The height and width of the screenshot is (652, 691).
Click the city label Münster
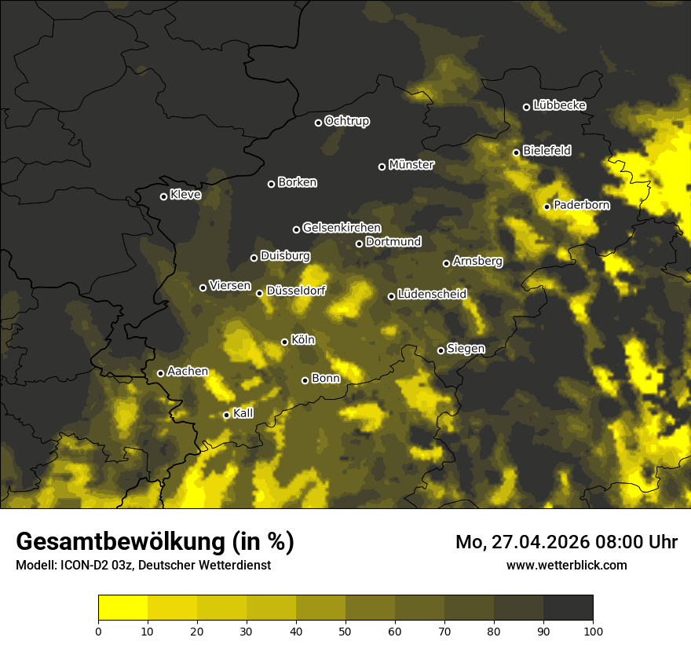pyautogui.click(x=411, y=165)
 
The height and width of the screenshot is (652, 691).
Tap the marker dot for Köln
pyautogui.click(x=285, y=342)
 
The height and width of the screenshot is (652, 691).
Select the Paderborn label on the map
pyautogui.click(x=581, y=205)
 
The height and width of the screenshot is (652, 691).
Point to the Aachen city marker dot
pyautogui.click(x=161, y=373)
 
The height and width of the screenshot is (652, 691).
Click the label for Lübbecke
pyautogui.click(x=559, y=105)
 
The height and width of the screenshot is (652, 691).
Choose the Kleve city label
pyautogui.click(x=185, y=195)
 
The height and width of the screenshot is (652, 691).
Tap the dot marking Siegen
pyautogui.click(x=441, y=350)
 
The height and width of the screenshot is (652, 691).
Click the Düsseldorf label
pyautogui.click(x=296, y=291)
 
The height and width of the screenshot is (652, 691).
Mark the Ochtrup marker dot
pyautogui.click(x=318, y=123)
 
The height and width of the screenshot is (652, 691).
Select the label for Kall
pyautogui.click(x=243, y=413)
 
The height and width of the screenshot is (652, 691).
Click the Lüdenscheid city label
pyautogui.click(x=432, y=295)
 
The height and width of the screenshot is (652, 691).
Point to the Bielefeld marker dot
pyautogui.click(x=516, y=152)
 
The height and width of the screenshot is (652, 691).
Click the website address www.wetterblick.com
pyautogui.click(x=566, y=565)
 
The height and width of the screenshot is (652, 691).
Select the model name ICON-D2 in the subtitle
pyautogui.click(x=83, y=566)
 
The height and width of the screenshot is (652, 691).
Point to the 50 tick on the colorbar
pyautogui.click(x=345, y=631)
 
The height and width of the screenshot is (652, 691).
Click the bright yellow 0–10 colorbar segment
pyautogui.click(x=122, y=608)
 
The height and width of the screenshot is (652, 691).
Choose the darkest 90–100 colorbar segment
pyautogui.click(x=568, y=608)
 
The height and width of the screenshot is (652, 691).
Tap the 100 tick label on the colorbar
pyautogui.click(x=593, y=631)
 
